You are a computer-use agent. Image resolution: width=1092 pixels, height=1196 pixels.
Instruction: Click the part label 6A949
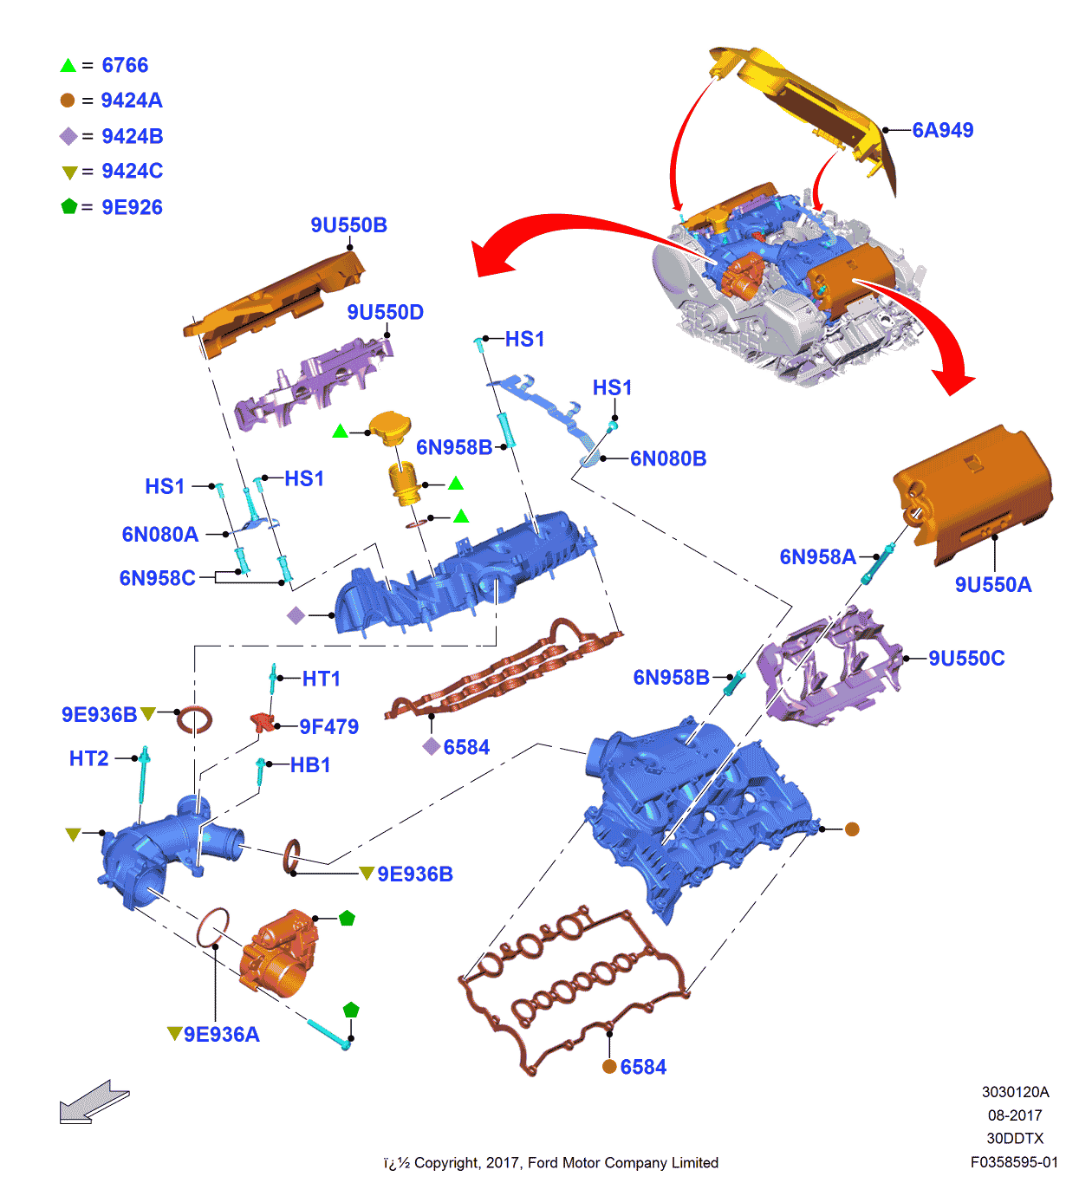pos(942,130)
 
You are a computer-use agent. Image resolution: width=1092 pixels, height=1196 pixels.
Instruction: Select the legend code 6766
pos(125,65)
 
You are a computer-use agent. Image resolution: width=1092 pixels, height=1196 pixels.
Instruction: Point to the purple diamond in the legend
pos(68,136)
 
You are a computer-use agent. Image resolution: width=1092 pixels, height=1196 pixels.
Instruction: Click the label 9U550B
pos(348,225)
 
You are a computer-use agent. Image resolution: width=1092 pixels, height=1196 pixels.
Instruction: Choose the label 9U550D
pos(385,312)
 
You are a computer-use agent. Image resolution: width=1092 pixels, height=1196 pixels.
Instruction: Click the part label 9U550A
pos(992,585)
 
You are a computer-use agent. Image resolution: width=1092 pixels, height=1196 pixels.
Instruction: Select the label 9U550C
pos(966,659)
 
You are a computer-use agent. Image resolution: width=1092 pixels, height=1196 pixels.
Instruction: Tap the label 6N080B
pos(667,458)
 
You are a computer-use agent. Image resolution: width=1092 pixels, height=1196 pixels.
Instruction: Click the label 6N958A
pos(817,557)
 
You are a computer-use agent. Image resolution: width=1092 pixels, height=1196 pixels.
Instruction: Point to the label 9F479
pos(328,727)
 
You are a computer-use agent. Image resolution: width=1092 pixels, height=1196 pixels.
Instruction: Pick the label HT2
pos(88,759)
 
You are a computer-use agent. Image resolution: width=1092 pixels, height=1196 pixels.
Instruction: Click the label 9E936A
pos(221,1035)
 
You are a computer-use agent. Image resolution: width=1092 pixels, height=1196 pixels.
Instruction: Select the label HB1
pos(310,765)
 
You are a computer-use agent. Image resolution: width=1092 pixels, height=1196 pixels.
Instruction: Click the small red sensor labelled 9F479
pos(261,721)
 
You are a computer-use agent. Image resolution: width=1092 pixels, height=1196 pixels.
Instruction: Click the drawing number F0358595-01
pos(1014,1162)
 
